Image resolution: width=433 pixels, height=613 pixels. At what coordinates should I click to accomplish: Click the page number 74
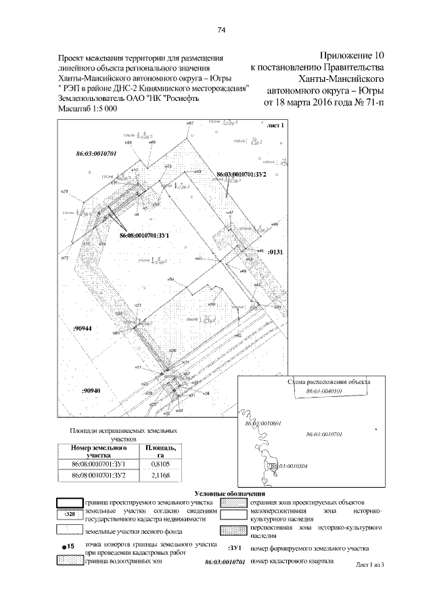[221, 30]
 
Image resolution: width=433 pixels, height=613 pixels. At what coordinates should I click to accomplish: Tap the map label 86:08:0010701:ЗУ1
[143, 235]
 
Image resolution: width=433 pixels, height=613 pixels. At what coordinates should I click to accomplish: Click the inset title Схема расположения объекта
[329, 383]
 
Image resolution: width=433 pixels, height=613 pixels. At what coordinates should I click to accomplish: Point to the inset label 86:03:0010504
[290, 466]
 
